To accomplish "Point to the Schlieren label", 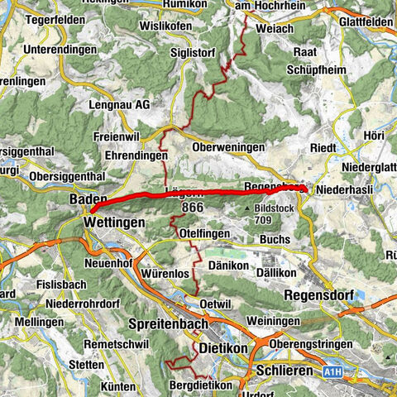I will point(285,371).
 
